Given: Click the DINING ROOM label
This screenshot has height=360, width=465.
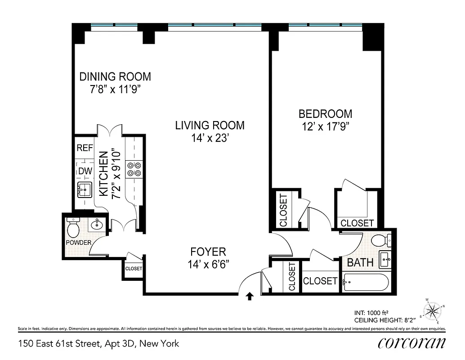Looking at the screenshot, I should [x=115, y=76].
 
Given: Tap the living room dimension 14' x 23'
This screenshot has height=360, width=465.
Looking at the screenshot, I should [x=210, y=138].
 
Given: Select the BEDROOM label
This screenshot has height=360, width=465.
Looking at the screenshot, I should [x=326, y=114].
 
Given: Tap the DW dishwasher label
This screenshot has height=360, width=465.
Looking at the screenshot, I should [x=85, y=171].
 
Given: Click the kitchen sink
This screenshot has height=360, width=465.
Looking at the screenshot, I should [x=84, y=190].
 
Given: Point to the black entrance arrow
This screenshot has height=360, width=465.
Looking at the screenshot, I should [x=250, y=296].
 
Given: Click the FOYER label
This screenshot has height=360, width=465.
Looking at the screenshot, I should [x=208, y=252].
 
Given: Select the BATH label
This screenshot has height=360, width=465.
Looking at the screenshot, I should [x=360, y=262].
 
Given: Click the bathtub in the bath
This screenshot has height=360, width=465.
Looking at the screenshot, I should [x=365, y=282].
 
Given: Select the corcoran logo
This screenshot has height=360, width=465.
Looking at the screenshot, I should [x=411, y=343].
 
